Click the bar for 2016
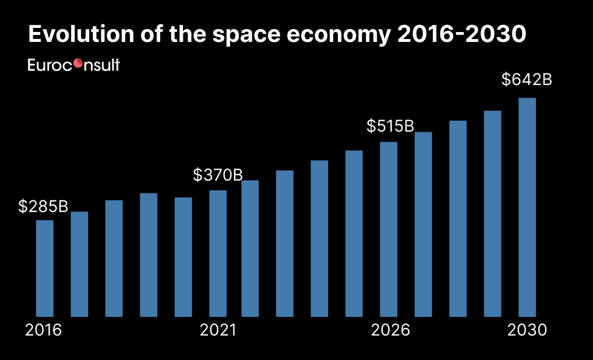(x=45, y=268)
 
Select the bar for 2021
(x=218, y=253)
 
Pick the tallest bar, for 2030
(x=527, y=207)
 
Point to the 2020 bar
(x=183, y=257)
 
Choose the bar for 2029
(x=493, y=213)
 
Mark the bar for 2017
(x=79, y=264)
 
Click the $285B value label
(x=43, y=206)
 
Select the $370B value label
(x=217, y=174)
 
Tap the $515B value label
(x=390, y=126)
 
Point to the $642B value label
(x=527, y=80)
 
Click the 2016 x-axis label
(x=44, y=330)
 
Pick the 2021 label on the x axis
(x=218, y=330)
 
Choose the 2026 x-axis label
(x=391, y=330)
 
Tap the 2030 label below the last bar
(x=527, y=330)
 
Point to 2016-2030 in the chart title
(x=462, y=35)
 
